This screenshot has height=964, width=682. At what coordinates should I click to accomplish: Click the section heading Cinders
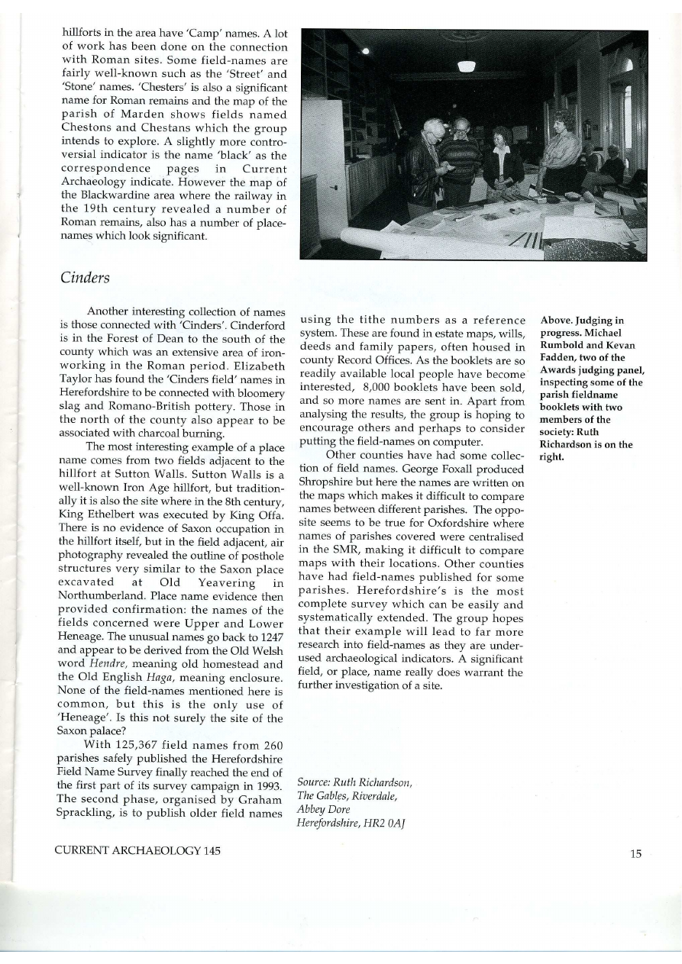point(85,279)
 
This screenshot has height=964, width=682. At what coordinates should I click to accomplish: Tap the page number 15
point(635,854)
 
